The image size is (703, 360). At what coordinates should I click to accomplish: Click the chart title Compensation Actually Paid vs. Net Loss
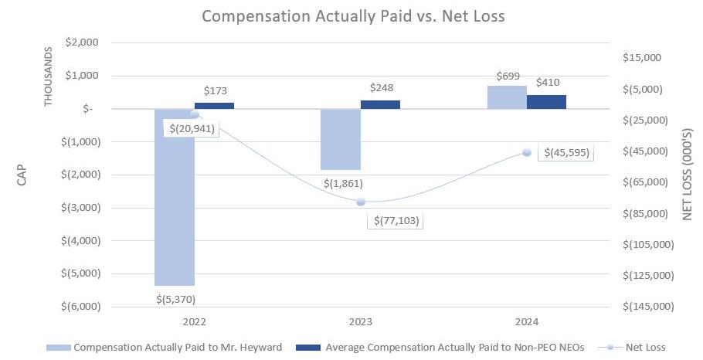pyautogui.click(x=352, y=15)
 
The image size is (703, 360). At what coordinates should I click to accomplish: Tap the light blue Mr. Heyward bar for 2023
pyautogui.click(x=341, y=139)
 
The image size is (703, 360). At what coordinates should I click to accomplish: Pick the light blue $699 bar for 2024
pyautogui.click(x=507, y=97)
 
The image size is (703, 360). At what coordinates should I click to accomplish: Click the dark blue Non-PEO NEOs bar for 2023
pyautogui.click(x=380, y=104)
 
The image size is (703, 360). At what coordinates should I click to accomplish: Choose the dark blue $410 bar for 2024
pyautogui.click(x=546, y=102)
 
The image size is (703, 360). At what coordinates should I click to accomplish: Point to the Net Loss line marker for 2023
pyautogui.click(x=361, y=202)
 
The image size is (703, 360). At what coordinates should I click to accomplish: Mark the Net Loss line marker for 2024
pyautogui.click(x=527, y=152)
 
